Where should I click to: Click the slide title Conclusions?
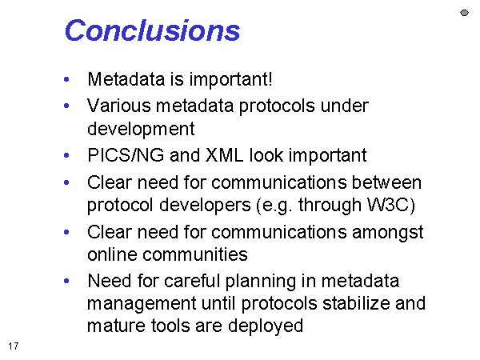click(152, 30)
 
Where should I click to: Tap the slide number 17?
click(14, 346)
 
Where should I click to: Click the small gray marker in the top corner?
click(464, 13)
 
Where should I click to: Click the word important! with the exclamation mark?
click(230, 79)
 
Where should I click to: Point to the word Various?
click(118, 106)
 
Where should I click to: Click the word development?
click(141, 129)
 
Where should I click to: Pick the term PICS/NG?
click(126, 155)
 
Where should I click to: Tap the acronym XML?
click(224, 155)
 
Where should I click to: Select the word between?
click(386, 182)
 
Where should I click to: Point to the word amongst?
click(388, 233)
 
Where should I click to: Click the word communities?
click(195, 254)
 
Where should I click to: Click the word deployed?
click(266, 326)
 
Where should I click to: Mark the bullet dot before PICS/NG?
click(66, 155)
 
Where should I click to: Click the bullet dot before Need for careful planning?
click(66, 281)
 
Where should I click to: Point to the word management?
click(142, 304)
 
